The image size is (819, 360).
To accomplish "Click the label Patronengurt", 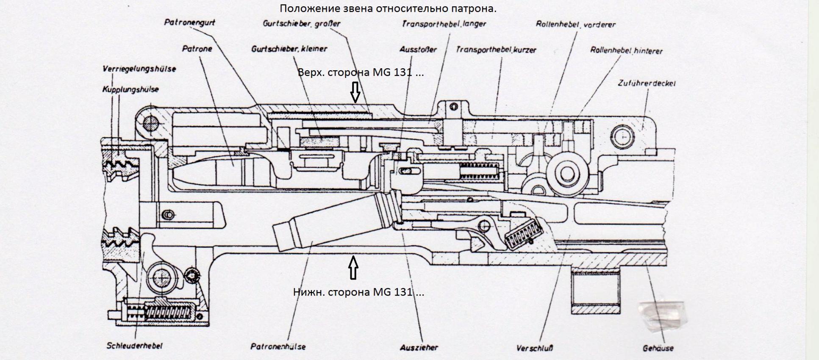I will (189, 22).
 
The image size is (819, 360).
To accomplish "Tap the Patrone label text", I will (197, 49).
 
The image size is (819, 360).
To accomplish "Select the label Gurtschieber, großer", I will (301, 24).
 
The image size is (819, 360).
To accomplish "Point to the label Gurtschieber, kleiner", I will (289, 49).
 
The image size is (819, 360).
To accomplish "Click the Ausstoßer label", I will (418, 50).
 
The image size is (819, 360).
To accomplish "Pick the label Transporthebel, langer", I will (444, 24).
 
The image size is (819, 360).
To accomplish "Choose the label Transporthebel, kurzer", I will (496, 50).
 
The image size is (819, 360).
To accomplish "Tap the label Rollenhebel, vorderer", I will (575, 25).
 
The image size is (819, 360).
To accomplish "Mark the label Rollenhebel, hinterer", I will (626, 51).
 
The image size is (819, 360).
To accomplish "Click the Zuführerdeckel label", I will (647, 83).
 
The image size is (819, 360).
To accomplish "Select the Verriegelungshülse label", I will (139, 69).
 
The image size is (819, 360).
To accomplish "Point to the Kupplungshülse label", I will (130, 89).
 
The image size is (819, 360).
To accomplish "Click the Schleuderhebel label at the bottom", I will (134, 346).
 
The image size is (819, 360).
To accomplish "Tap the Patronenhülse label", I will (278, 346).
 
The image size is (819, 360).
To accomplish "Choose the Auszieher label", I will (419, 347).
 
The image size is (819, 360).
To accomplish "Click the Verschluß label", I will (534, 348).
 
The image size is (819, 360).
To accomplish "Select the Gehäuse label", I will (658, 348).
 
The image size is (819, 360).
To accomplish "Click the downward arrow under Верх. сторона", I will (355, 92).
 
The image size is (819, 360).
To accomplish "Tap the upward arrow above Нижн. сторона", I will (353, 268).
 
